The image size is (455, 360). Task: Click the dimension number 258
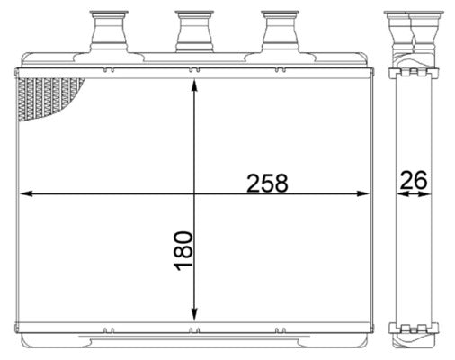(267, 183)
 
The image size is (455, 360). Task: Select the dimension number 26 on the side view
(413, 180)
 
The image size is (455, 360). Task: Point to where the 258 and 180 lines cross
(194, 193)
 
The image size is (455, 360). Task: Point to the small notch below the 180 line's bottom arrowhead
(194, 329)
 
